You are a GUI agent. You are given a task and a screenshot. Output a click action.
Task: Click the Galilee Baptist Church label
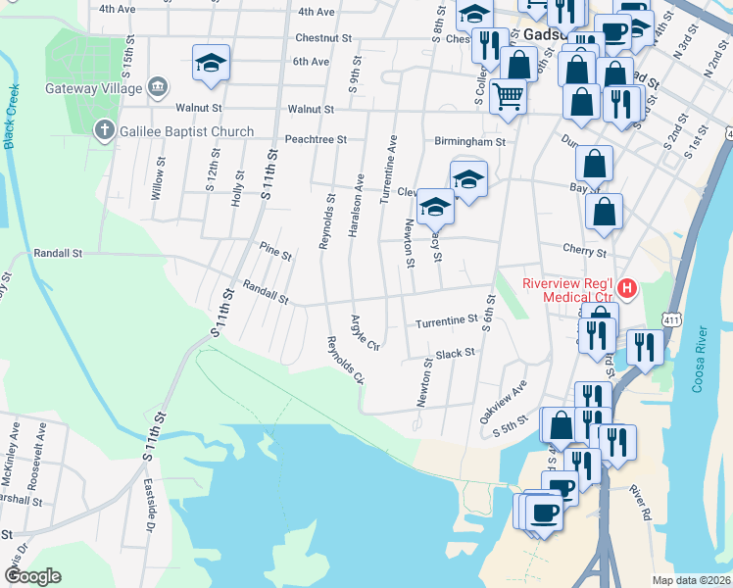(x=187, y=131)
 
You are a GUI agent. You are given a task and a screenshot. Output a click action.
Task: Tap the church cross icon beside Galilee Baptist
(x=105, y=130)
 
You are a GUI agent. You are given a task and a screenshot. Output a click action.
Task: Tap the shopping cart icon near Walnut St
(x=508, y=96)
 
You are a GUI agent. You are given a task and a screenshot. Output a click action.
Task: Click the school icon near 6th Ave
(x=211, y=62)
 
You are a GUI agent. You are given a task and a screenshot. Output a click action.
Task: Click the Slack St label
(x=455, y=353)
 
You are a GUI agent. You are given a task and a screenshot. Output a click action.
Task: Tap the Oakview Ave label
(x=503, y=401)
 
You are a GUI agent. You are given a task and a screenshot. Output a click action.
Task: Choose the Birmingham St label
(x=469, y=141)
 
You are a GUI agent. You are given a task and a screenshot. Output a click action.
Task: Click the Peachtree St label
(x=316, y=139)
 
